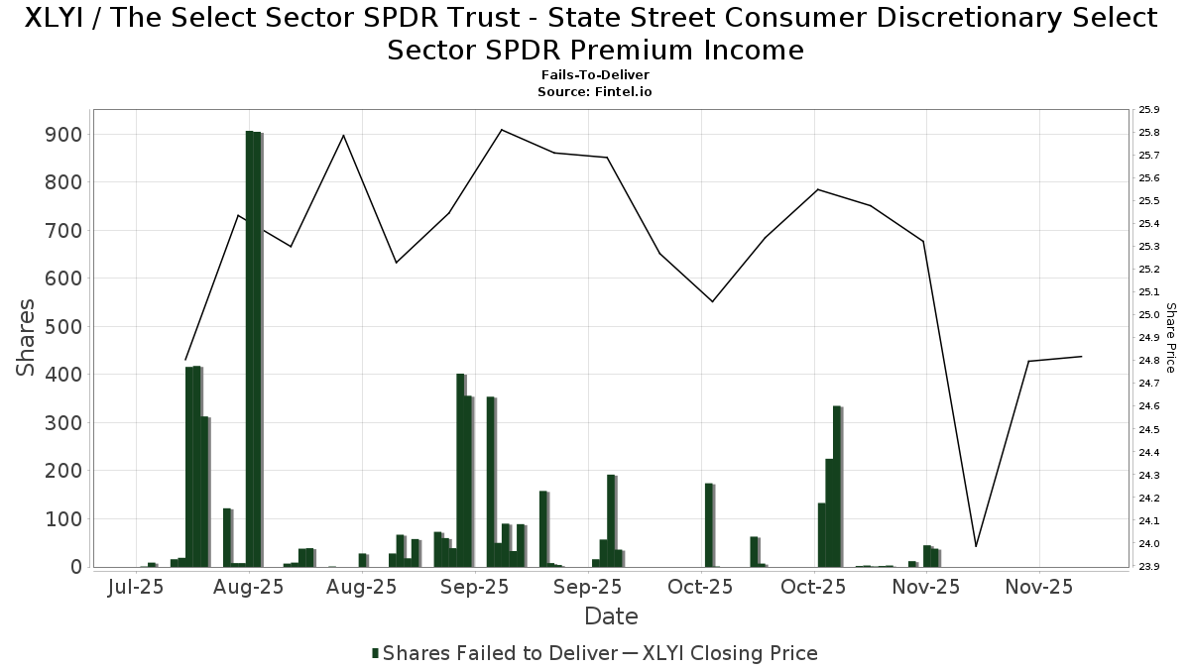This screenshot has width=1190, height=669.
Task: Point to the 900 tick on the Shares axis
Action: coord(67,134)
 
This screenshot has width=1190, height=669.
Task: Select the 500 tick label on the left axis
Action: coord(67,327)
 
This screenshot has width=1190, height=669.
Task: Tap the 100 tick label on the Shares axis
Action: coord(67,519)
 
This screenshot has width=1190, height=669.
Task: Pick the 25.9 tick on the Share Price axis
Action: coord(1149,110)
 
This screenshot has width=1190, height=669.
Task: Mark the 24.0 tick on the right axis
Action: coord(1149,544)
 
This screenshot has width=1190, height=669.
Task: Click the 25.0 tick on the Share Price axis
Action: coord(1149,315)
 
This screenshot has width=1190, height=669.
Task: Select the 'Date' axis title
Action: coord(611,616)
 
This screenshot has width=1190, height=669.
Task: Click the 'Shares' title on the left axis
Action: coord(27,337)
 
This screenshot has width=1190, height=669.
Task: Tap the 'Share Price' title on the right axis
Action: coord(1171,338)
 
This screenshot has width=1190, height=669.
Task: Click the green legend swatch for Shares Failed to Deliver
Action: coord(376,653)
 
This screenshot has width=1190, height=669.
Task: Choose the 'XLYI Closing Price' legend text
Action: coord(730,653)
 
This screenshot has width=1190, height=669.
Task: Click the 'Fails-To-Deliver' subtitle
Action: coord(595,75)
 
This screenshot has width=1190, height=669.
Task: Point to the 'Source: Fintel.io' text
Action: coord(595,91)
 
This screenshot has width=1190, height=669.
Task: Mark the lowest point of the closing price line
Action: coord(976,546)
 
